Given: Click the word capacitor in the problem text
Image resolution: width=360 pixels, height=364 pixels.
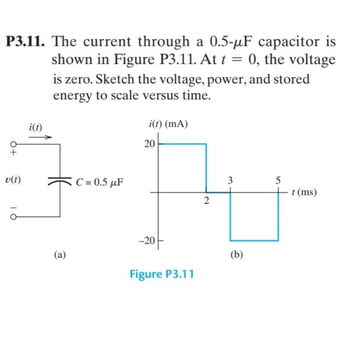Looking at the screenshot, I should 289,42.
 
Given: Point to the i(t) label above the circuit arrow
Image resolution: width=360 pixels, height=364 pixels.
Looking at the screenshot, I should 36,128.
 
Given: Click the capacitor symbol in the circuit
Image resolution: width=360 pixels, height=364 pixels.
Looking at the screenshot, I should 60,182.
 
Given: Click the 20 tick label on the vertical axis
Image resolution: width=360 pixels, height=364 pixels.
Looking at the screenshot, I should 149,143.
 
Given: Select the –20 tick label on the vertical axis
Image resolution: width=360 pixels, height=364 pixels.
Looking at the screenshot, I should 147,240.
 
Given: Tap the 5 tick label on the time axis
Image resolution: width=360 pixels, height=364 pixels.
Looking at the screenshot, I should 278,182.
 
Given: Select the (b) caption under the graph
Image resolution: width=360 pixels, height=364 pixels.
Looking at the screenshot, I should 236,254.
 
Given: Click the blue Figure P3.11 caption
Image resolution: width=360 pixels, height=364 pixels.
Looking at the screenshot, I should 162,274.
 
